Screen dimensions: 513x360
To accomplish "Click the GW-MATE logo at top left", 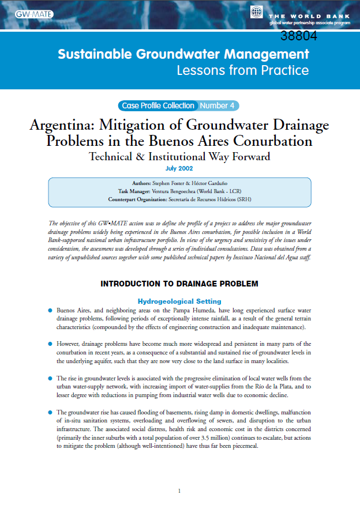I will [x=34, y=14].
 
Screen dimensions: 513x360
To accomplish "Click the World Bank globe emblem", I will [x=257, y=12].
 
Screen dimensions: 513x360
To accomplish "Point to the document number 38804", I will [x=299, y=36].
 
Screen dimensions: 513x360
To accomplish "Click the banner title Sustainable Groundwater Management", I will [x=183, y=55].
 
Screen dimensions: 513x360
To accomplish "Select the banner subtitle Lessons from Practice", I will [x=242, y=71].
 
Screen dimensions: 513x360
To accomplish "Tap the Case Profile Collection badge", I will [x=157, y=105].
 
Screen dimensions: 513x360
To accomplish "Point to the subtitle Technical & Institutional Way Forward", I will [x=179, y=156].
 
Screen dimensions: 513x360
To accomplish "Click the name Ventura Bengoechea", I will [x=181, y=191].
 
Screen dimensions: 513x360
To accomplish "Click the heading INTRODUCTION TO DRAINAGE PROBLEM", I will [x=179, y=284].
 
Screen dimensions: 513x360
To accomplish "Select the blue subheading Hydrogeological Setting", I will [x=179, y=301].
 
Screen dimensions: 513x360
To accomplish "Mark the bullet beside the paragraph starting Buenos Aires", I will [x=50, y=310].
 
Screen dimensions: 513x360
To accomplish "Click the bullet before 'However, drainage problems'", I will [x=50, y=344].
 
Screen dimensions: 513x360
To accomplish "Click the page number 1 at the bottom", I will [x=179, y=491].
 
